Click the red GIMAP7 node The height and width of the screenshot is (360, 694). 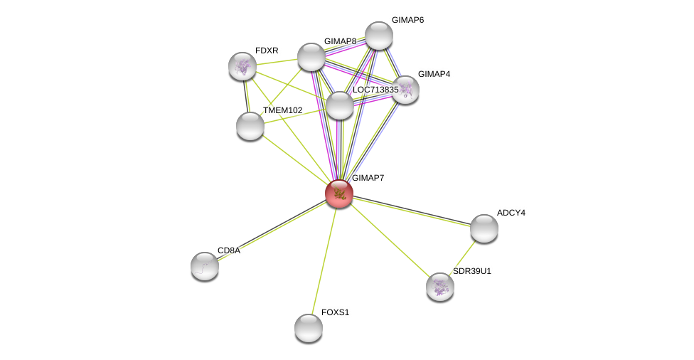339,193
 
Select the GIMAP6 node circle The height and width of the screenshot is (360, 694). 379,36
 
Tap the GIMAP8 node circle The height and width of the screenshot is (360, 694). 311,57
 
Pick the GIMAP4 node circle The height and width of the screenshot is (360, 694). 405,90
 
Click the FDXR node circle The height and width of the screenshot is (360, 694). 242,66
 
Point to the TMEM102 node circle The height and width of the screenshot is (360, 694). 250,126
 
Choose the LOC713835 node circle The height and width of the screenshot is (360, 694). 340,105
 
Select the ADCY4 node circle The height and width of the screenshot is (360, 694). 484,228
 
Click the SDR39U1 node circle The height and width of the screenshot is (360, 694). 440,286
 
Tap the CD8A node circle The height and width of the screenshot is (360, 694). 205,265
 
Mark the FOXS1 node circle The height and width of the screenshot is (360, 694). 309,328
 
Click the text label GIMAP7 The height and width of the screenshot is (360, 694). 368,178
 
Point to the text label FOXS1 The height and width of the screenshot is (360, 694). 335,312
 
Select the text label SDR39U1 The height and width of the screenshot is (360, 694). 471,271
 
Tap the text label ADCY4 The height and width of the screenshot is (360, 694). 511,213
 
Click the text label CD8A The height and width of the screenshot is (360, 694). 228,250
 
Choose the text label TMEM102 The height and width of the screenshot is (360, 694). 282,110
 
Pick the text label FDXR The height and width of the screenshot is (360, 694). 267,51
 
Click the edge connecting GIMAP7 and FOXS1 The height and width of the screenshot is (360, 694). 324,260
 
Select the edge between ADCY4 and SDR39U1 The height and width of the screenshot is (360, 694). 462,257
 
